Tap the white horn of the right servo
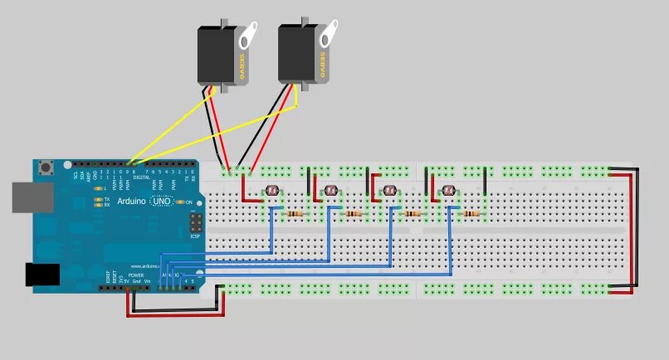click(327, 34)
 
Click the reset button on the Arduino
click(47, 168)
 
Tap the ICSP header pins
click(196, 224)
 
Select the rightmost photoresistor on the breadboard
click(448, 191)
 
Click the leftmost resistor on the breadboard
click(295, 213)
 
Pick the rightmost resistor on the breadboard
click(471, 213)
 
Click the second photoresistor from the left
click(331, 192)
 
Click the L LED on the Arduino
click(98, 190)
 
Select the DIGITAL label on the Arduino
click(142, 178)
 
